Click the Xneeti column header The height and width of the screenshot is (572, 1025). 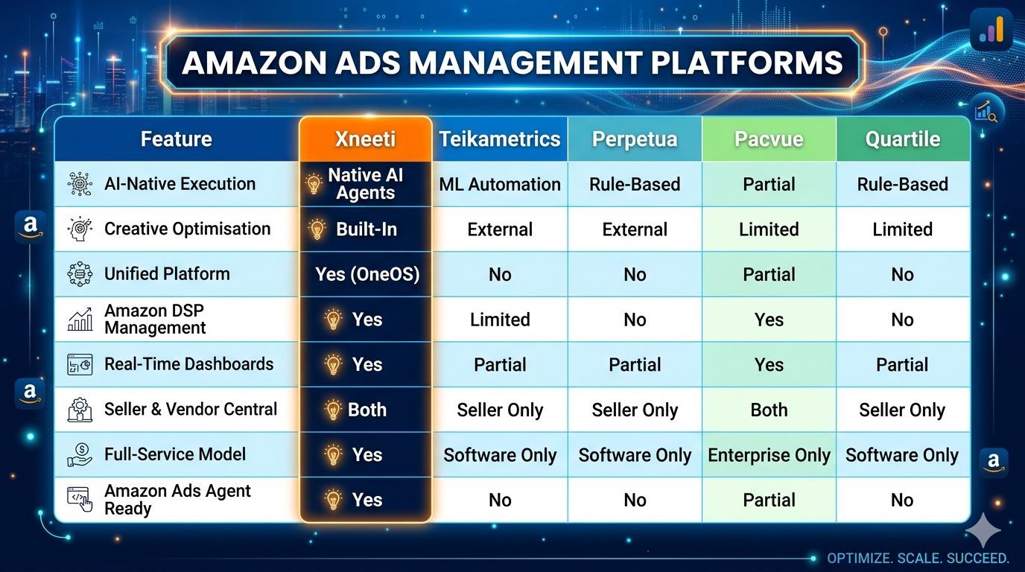pyautogui.click(x=365, y=139)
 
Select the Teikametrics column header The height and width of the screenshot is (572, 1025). pyautogui.click(x=499, y=139)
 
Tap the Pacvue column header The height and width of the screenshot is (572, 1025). pyautogui.click(x=768, y=139)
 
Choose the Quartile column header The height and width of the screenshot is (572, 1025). pyautogui.click(x=902, y=139)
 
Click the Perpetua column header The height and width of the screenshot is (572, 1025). pyautogui.click(x=634, y=139)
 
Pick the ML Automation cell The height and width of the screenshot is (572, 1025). pyautogui.click(x=499, y=185)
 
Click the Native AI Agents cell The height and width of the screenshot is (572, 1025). pyautogui.click(x=365, y=184)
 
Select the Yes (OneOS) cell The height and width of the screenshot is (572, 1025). pyautogui.click(x=366, y=274)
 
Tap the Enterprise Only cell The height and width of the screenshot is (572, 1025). pyautogui.click(x=768, y=455)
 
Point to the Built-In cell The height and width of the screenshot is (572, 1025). pyautogui.click(x=365, y=229)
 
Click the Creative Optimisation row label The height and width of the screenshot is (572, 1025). pyautogui.click(x=187, y=229)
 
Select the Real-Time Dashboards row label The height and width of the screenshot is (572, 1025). pyautogui.click(x=188, y=364)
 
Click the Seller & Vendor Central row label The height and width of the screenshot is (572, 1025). pyautogui.click(x=190, y=409)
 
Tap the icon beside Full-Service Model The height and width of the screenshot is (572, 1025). pyautogui.click(x=80, y=454)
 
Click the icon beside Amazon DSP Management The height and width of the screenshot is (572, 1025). pyautogui.click(x=80, y=319)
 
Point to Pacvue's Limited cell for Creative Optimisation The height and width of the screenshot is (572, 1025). pyautogui.click(x=768, y=229)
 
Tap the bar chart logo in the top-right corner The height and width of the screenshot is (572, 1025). pyautogui.click(x=991, y=30)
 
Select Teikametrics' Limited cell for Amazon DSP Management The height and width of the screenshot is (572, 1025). pyautogui.click(x=499, y=320)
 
